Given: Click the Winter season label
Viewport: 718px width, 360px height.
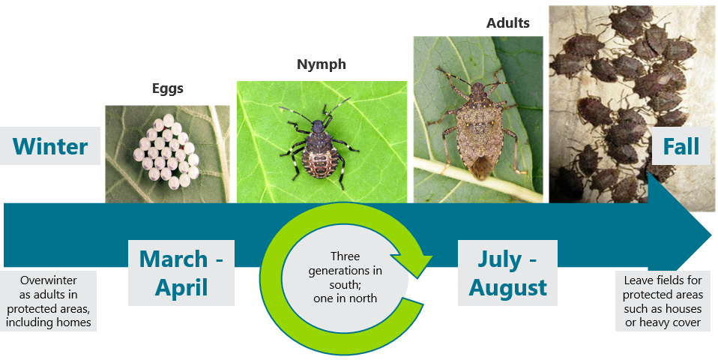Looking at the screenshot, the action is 50,146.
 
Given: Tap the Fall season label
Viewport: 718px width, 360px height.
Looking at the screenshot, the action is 681,146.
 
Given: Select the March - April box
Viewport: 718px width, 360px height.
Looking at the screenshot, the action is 181,273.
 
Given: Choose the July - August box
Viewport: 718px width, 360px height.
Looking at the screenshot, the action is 507,273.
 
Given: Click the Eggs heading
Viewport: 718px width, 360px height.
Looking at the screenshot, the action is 168,88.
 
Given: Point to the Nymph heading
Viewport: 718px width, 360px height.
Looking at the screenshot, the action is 322,64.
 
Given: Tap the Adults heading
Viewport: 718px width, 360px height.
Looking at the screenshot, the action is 508,23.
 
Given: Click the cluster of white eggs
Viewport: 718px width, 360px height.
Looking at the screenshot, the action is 169,151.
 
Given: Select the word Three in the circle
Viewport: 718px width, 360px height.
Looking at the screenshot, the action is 346,256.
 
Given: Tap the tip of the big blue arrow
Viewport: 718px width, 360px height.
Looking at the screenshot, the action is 711,235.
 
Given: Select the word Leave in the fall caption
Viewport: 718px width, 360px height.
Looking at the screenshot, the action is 638,280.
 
